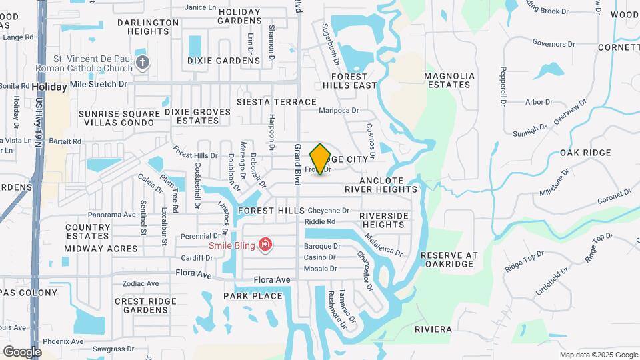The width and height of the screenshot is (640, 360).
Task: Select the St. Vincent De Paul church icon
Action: (x=142, y=63)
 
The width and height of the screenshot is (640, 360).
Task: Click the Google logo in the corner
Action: (x=22, y=351)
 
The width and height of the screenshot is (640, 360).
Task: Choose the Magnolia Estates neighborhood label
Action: (x=449, y=80)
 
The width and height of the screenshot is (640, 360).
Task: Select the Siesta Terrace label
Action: (x=277, y=102)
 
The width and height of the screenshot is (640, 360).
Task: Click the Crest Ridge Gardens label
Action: (x=141, y=305)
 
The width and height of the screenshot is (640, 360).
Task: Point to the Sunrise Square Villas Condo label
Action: (x=119, y=118)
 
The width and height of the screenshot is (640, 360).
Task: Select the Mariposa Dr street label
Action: (x=339, y=111)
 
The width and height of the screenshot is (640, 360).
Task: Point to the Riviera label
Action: (x=433, y=329)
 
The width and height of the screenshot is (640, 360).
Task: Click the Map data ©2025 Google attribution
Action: (x=599, y=355)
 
